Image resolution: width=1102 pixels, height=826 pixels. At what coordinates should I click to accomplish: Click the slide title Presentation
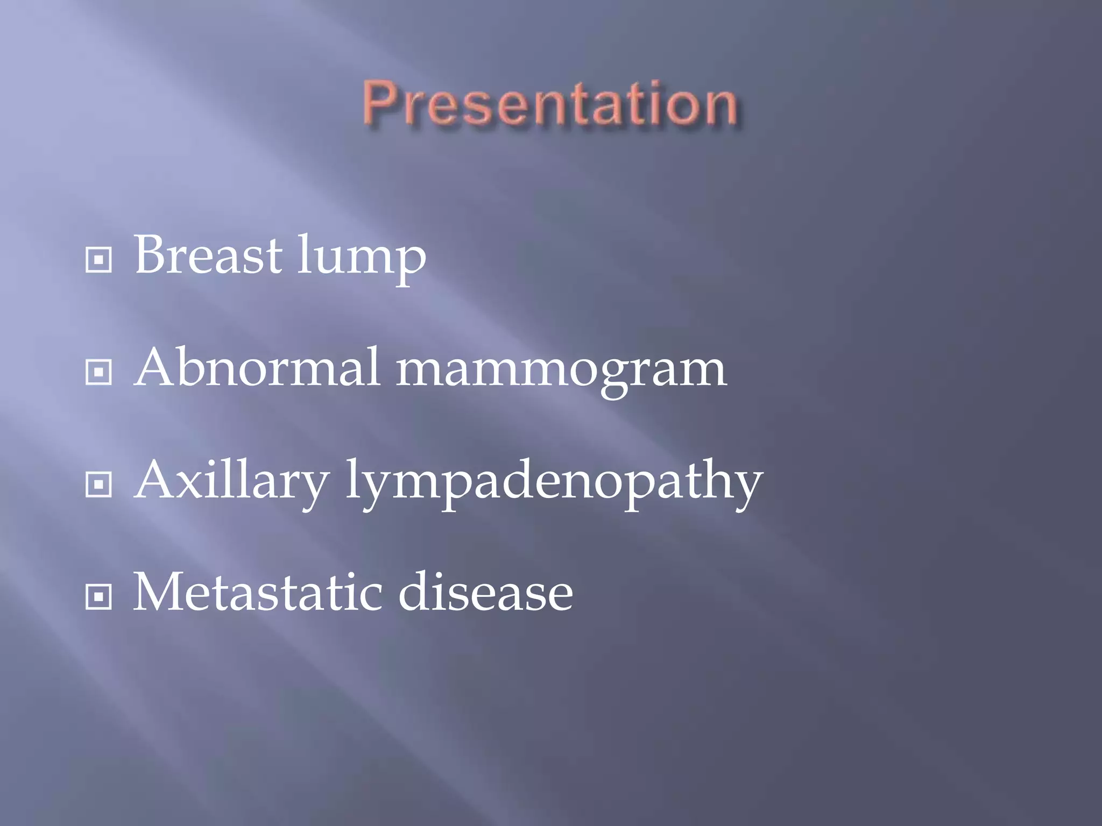pos(550,103)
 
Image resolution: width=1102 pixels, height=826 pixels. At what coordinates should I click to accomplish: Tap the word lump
pos(362,258)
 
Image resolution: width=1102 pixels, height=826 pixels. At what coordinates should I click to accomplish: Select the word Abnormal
pos(257,368)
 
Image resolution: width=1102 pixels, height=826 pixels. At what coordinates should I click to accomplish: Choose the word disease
pos(485,593)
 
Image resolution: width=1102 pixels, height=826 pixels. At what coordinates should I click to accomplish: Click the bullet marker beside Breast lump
pos(98,260)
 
